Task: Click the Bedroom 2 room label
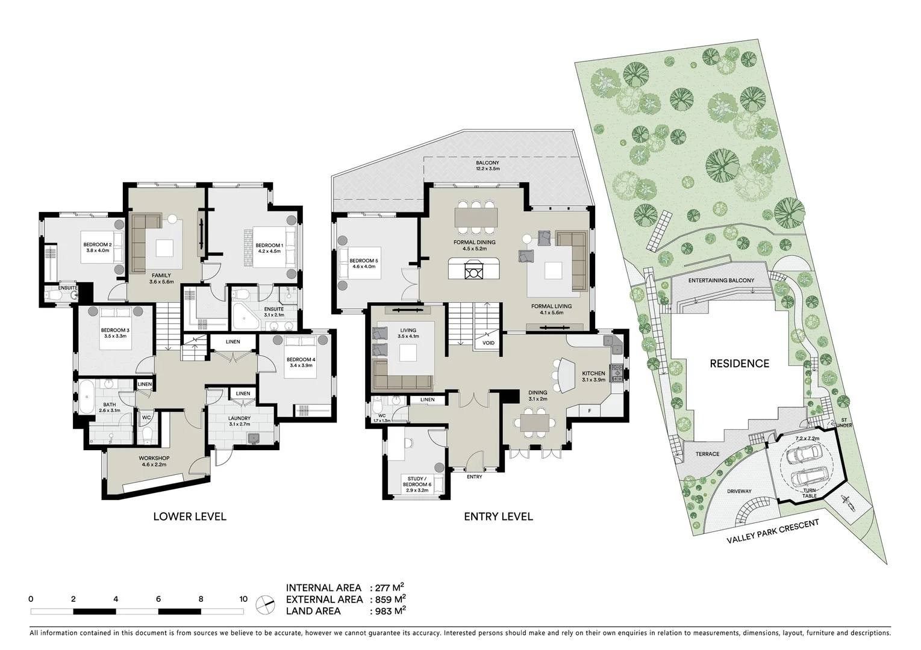point(97,247)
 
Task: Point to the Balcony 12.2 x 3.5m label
point(487,166)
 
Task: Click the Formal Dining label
point(474,245)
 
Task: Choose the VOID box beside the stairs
point(488,343)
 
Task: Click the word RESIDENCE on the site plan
point(738,364)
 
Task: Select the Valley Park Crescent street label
point(773,531)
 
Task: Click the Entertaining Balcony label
point(721,281)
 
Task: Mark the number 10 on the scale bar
point(243,599)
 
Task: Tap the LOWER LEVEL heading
point(189,516)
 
